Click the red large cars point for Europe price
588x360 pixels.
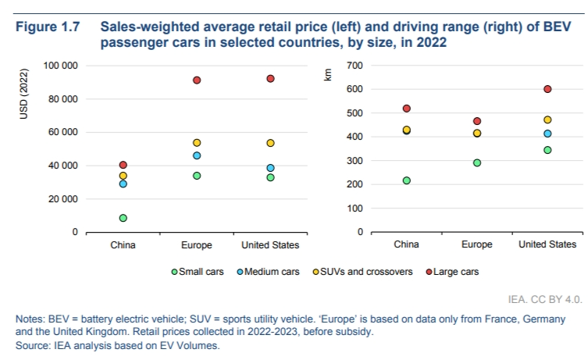[x=197, y=80]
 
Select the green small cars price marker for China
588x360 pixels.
[x=123, y=218]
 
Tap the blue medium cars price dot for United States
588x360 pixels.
[x=270, y=168]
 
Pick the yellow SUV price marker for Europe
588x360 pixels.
[x=197, y=143]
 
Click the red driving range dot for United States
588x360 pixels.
[x=547, y=89]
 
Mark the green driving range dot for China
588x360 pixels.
[x=406, y=180]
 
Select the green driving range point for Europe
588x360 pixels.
[x=476, y=163]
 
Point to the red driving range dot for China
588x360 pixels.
[x=406, y=109]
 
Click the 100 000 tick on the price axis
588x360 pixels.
[x=59, y=66]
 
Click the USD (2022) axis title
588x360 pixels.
[x=23, y=94]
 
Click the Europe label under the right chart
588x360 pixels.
[x=476, y=244]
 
